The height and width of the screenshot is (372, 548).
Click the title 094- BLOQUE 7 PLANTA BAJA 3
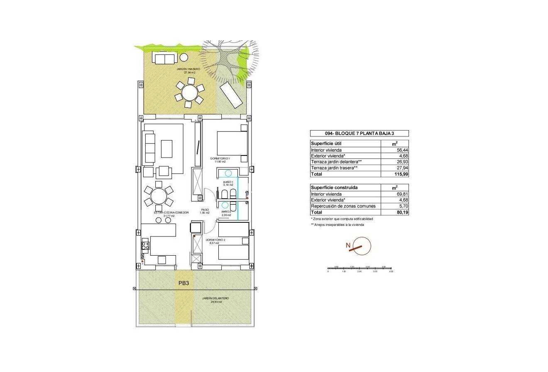coord(359,133)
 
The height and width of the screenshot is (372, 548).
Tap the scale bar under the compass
coord(359,269)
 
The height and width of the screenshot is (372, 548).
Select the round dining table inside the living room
coord(158,196)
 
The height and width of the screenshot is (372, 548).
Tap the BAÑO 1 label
coord(228,183)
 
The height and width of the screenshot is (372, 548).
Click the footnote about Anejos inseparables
coord(337,224)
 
